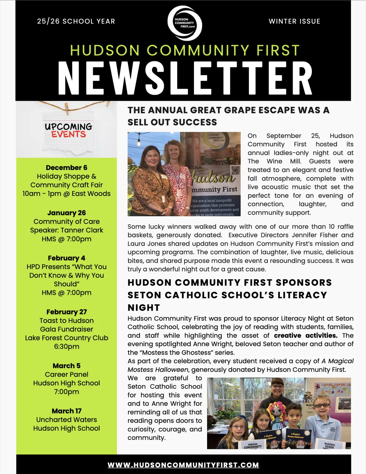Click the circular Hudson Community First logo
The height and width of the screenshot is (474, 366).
click(185, 23)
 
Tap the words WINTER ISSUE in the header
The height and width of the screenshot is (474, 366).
click(294, 21)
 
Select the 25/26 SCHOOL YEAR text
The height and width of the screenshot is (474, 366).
click(76, 21)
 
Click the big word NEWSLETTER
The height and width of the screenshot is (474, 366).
click(185, 78)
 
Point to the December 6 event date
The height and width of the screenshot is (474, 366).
click(66, 168)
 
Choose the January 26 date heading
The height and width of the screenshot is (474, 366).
click(66, 213)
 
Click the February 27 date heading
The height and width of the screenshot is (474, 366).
click(66, 312)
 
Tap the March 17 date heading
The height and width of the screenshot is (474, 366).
click(66, 411)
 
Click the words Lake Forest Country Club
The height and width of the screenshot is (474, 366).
click(66, 338)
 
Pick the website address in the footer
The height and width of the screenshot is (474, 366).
click(183, 465)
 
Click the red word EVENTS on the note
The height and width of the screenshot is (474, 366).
click(69, 134)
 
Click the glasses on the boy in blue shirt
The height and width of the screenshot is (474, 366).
click(322, 405)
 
